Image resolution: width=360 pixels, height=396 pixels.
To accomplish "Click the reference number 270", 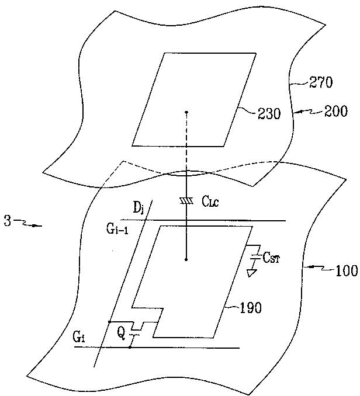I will tap(320, 83).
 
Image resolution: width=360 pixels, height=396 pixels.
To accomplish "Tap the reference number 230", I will tap(269, 114).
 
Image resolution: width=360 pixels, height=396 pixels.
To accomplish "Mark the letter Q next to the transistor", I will tap(121, 334).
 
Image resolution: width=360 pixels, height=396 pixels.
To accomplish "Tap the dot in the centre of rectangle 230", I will tap(186, 112).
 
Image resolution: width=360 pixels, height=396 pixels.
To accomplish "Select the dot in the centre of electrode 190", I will tap(186, 259).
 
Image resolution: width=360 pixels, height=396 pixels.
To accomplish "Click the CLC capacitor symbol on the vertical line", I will tap(186, 202).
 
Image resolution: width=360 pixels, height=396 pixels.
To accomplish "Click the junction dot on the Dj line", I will tap(109, 322).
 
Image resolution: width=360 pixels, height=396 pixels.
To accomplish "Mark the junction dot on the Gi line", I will tap(129, 348).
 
